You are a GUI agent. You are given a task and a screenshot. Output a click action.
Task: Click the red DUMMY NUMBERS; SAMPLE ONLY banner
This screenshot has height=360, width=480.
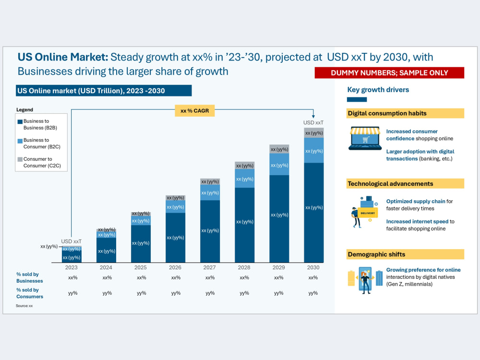pyautogui.click(x=389, y=73)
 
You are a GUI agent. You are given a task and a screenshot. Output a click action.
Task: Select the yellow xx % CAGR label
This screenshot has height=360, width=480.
pyautogui.click(x=195, y=110)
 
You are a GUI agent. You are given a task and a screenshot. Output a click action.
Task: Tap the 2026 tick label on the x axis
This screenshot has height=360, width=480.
pyautogui.click(x=175, y=267)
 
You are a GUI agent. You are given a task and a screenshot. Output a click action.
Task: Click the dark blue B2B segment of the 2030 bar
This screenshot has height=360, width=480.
pyautogui.click(x=314, y=213)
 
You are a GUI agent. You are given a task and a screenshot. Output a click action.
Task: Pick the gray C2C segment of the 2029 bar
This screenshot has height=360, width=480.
pyautogui.click(x=279, y=149)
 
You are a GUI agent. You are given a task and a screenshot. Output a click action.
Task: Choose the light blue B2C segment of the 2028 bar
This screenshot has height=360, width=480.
pyautogui.click(x=245, y=179)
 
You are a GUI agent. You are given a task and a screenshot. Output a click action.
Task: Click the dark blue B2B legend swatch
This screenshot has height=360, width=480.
pyautogui.click(x=20, y=121)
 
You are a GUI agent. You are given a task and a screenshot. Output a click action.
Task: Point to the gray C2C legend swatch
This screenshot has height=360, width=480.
pyautogui.click(x=20, y=159)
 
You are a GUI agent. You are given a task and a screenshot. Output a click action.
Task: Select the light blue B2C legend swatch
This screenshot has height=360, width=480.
pyautogui.click(x=20, y=141)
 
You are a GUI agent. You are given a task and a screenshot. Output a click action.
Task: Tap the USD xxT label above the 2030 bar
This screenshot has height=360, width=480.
pyautogui.click(x=313, y=122)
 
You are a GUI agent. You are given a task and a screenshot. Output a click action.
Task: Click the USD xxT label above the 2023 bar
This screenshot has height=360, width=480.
pyautogui.click(x=72, y=241)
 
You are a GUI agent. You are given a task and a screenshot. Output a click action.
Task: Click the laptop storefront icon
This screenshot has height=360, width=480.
pyautogui.click(x=365, y=138)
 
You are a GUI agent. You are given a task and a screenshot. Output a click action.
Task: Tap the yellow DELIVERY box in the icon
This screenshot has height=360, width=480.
pyautogui.click(x=368, y=213)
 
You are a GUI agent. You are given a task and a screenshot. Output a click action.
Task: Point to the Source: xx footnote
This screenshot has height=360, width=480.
pyautogui.click(x=24, y=305)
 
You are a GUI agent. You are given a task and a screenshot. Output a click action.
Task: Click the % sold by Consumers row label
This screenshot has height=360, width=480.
pyautogui.click(x=30, y=293)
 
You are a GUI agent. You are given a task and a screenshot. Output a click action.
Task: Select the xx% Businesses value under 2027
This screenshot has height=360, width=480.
pyautogui.click(x=210, y=277)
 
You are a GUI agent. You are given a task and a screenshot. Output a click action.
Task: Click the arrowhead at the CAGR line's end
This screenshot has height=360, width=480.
pyautogui.click(x=313, y=116)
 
